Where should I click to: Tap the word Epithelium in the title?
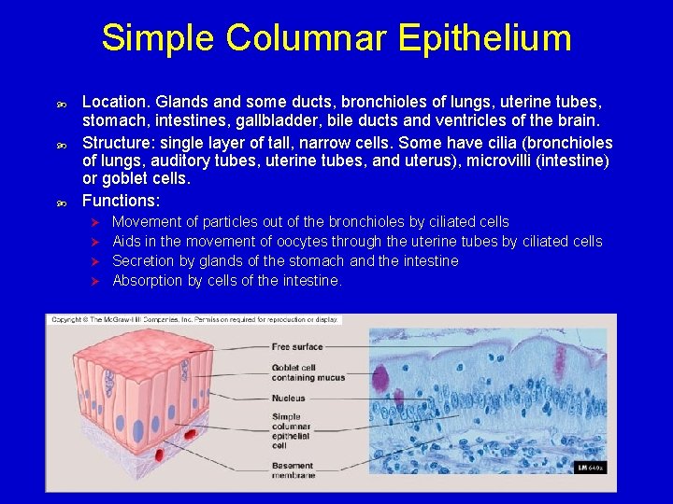point(484,39)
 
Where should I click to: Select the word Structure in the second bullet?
point(116,143)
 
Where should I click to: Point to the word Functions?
point(121,201)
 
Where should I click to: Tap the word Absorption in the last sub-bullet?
point(148,281)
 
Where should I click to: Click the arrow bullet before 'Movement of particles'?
point(93,222)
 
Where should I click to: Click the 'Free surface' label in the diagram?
point(297,347)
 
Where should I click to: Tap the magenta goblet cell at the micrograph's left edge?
point(380,378)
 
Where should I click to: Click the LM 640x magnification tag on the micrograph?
point(591,466)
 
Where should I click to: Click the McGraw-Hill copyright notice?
point(195,320)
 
